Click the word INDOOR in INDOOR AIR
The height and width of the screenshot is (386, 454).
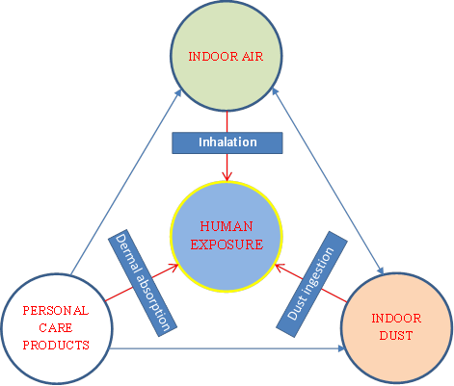click(x=213, y=57)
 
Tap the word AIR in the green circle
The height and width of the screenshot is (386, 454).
click(x=253, y=57)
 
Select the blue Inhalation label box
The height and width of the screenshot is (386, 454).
click(x=227, y=142)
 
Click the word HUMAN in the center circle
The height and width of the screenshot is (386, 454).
click(x=227, y=226)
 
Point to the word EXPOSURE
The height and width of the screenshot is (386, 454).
click(x=227, y=244)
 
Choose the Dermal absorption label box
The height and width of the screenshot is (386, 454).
click(x=143, y=283)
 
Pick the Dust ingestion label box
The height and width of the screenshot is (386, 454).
click(x=311, y=284)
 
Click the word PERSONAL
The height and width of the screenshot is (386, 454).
click(x=56, y=311)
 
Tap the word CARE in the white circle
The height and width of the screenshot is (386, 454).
click(x=56, y=328)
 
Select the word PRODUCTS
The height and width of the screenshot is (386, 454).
click(x=56, y=346)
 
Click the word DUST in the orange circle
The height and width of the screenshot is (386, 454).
click(x=396, y=336)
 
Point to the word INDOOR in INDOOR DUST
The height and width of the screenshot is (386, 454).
click(x=396, y=319)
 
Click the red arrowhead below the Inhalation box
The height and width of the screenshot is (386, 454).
click(x=227, y=177)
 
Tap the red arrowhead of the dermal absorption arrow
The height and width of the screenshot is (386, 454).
click(x=174, y=267)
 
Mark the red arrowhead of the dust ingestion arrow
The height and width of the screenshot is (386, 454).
click(x=280, y=268)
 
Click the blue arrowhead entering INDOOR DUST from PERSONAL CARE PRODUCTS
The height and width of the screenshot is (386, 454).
click(x=341, y=348)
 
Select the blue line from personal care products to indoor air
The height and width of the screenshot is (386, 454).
click(x=126, y=182)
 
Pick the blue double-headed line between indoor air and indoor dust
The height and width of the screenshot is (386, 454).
click(x=328, y=181)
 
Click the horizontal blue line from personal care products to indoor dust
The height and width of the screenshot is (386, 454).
click(x=227, y=348)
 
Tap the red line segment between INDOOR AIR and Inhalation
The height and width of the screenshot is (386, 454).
click(x=227, y=121)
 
